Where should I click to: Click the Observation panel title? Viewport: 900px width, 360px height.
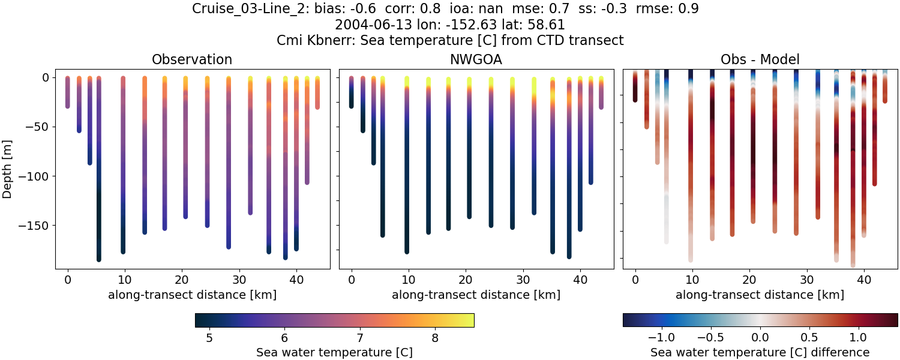[x=192, y=59]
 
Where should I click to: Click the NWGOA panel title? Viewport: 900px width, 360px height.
[x=476, y=59]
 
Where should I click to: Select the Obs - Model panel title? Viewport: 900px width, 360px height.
[x=760, y=59]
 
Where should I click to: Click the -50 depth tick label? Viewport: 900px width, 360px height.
[x=38, y=127]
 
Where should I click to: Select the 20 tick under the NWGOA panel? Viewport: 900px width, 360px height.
[x=466, y=280]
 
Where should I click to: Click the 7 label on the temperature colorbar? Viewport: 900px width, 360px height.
[x=359, y=338]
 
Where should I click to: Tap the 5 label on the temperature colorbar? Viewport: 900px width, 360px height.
[x=209, y=338]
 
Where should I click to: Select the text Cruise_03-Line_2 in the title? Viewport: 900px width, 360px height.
[x=244, y=9]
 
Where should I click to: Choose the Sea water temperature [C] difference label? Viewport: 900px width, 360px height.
[x=760, y=352]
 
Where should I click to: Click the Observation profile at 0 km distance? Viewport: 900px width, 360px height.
[x=68, y=93]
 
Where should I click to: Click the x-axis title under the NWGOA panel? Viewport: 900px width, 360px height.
[x=476, y=295]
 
